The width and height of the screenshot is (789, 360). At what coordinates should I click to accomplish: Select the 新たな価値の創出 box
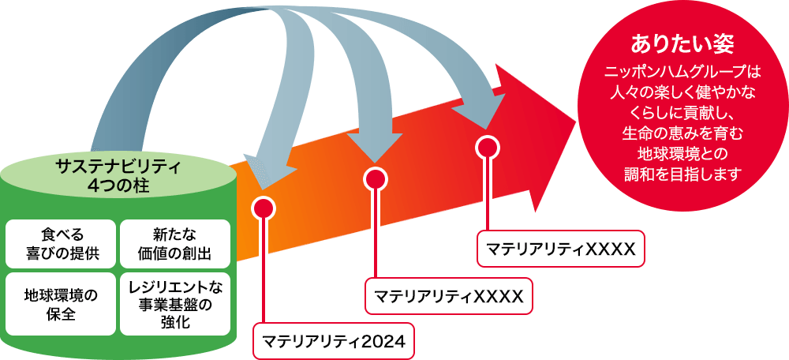point(174,243)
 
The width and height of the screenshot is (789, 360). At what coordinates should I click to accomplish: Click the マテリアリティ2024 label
point(333,342)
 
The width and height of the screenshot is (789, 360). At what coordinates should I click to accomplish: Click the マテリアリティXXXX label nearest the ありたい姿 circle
point(561,249)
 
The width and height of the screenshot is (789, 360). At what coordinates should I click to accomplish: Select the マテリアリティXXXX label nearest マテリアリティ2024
point(448,296)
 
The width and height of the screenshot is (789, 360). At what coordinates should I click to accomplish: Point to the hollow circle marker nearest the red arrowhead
point(488,148)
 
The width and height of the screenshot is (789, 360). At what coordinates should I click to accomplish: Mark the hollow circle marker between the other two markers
point(376,179)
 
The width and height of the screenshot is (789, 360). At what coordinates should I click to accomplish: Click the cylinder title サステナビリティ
point(119,167)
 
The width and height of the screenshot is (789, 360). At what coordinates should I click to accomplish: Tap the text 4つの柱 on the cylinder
point(119,186)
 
